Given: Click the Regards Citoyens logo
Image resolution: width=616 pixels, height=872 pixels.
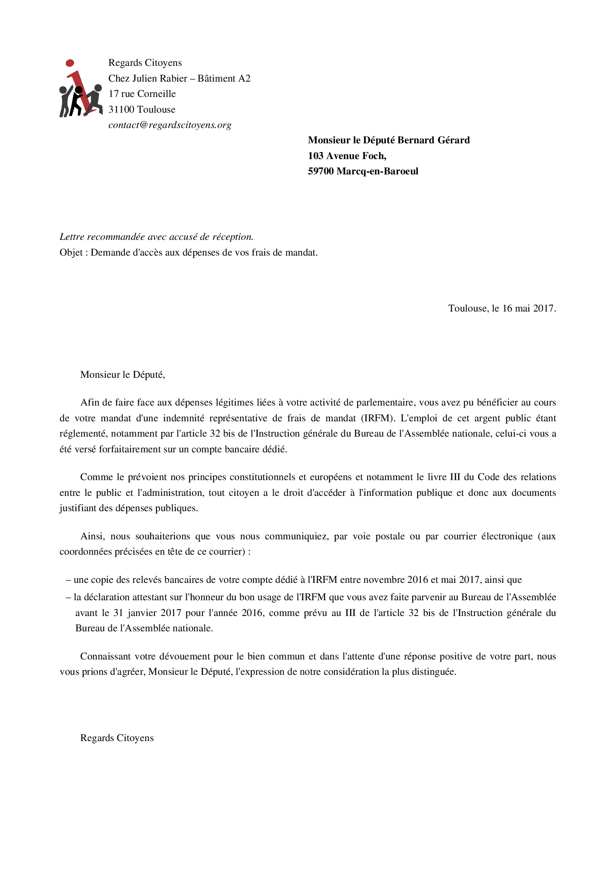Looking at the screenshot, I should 81,89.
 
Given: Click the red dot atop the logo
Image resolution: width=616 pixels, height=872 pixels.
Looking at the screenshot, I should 70,63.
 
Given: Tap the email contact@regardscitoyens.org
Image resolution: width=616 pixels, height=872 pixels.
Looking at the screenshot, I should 170,125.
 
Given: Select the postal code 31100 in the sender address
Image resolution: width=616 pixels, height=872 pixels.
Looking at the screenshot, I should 121,110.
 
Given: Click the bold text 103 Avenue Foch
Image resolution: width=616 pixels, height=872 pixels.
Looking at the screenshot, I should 346,156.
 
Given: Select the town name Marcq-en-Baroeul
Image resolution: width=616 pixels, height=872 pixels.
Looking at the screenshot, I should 377,172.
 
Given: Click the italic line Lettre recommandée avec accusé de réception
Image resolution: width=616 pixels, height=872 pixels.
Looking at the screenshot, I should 156,237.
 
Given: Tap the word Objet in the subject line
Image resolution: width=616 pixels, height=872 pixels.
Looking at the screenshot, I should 71,253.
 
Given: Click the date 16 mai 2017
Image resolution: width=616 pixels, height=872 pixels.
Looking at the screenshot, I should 528,309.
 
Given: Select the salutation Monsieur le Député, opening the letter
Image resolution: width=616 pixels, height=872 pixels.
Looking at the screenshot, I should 123,375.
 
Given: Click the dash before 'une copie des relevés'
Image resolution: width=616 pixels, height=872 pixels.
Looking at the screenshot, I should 68,580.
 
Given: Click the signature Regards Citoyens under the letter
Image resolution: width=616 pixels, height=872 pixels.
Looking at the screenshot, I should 117,738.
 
